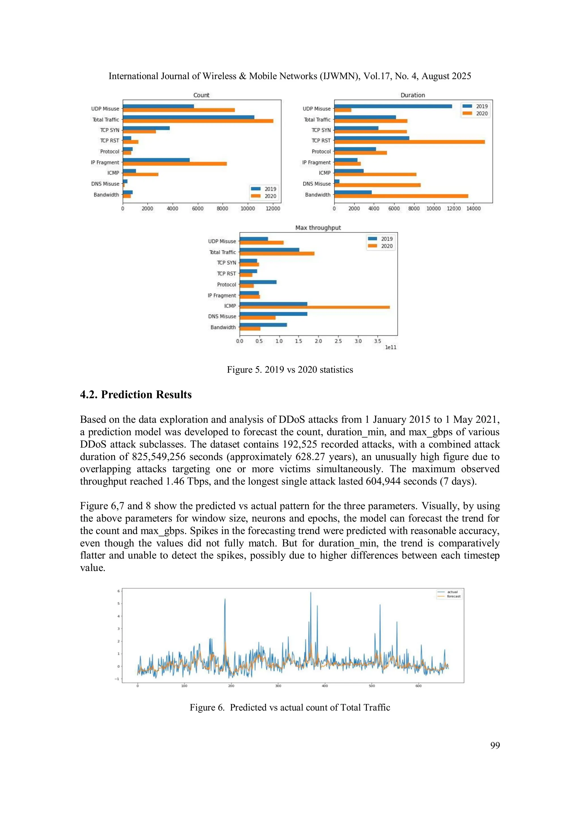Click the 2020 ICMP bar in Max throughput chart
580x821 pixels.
click(314, 307)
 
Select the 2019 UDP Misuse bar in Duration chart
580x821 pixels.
click(393, 106)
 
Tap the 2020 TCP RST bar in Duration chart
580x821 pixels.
click(409, 142)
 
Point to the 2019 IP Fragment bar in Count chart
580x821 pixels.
click(156, 160)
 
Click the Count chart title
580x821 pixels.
click(201, 95)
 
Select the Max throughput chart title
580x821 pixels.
click(318, 228)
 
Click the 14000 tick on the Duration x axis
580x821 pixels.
click(474, 209)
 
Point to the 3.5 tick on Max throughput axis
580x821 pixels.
click(378, 341)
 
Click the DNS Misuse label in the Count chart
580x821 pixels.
click(105, 184)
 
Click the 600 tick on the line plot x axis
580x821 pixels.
click(419, 686)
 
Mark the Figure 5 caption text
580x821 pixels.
click(290, 370)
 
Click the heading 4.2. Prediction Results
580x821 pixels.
click(136, 394)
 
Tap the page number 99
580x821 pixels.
click(495, 745)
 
